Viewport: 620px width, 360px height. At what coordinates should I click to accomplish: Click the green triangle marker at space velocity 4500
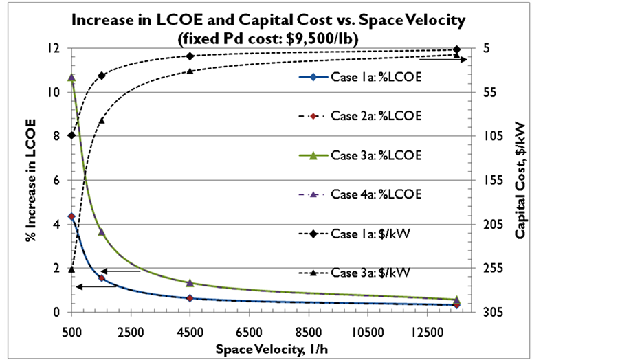tap(190, 283)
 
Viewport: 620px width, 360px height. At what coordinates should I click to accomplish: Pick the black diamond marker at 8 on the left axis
tap(71, 135)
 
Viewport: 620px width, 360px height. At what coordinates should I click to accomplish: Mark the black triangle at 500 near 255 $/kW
tap(71, 269)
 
